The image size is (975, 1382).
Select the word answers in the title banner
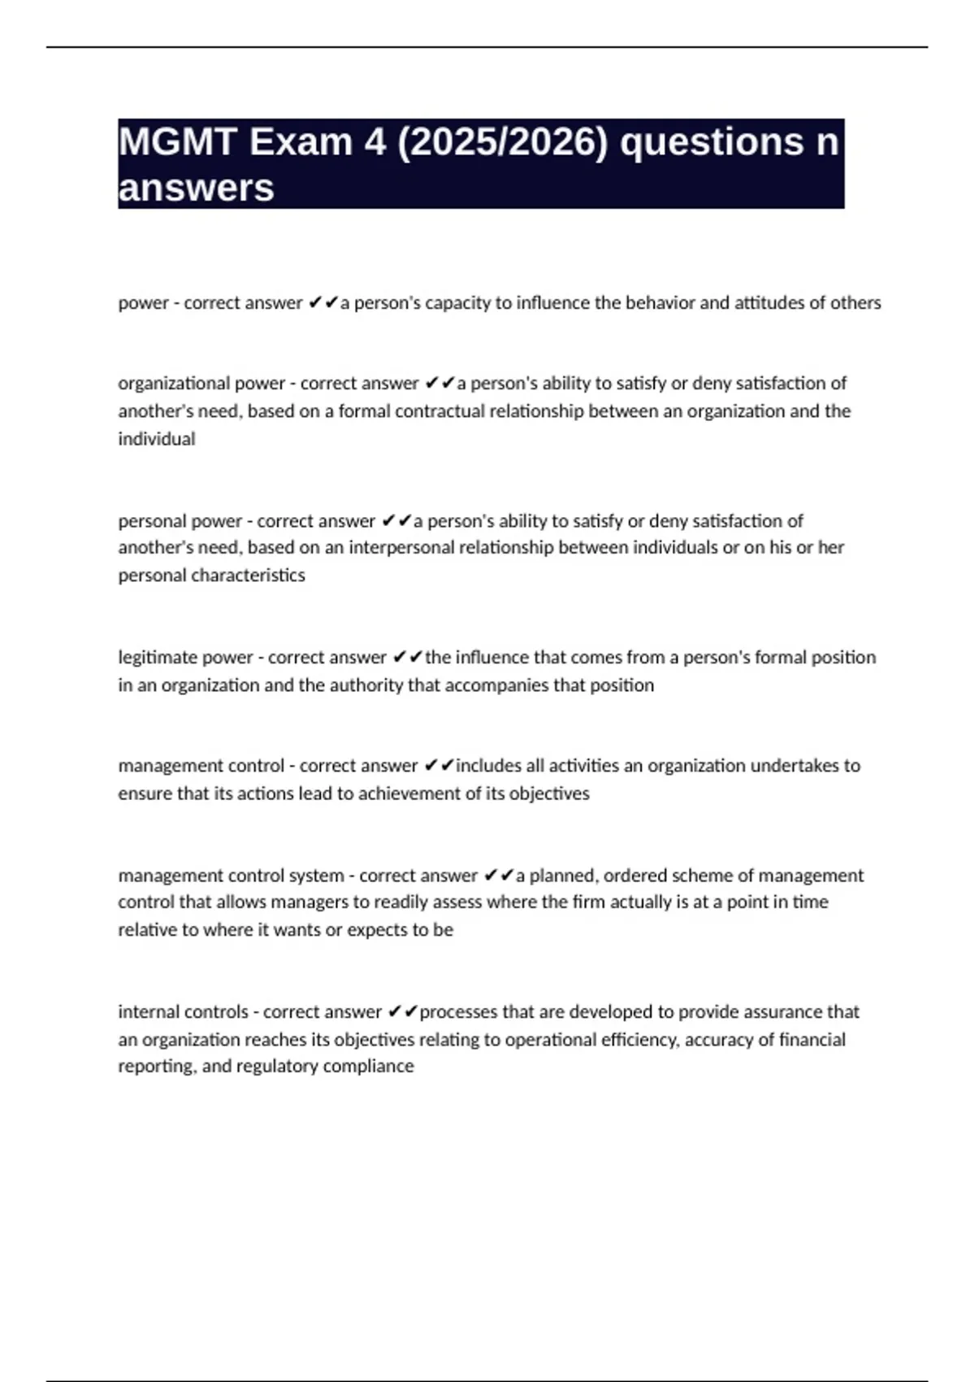pos(196,188)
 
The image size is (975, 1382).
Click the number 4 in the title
pos(375,142)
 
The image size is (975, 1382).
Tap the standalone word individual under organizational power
pos(157,439)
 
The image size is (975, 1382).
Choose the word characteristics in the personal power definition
pos(256,575)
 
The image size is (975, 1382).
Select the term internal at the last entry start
pos(149,1011)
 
